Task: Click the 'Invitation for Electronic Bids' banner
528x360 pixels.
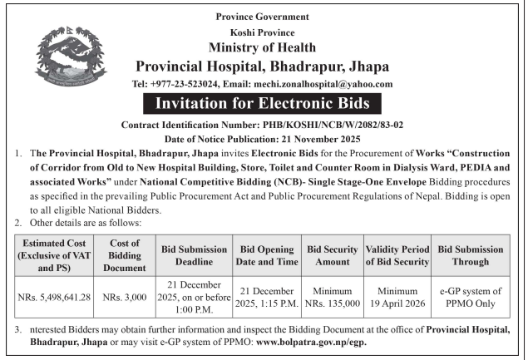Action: (x=262, y=105)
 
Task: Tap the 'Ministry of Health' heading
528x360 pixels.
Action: (x=262, y=47)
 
